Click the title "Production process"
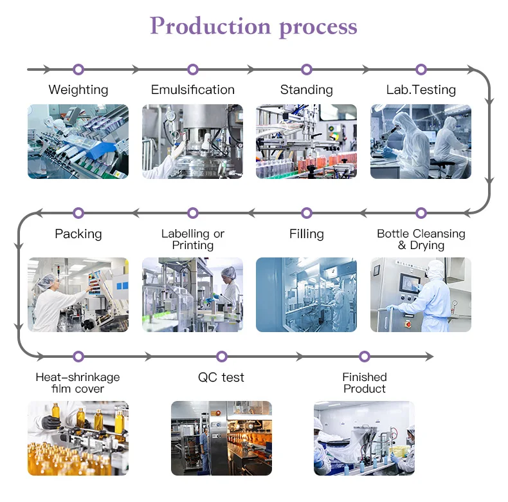click(x=253, y=27)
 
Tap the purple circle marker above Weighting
click(x=78, y=70)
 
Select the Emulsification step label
click(x=193, y=89)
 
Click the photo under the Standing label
click(x=306, y=141)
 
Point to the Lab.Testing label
click(x=421, y=89)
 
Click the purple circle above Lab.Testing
click(x=421, y=70)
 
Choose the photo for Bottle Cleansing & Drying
click(x=421, y=295)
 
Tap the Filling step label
click(x=307, y=234)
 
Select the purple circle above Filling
click(x=307, y=213)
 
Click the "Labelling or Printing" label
click(x=193, y=239)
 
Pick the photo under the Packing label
click(x=78, y=295)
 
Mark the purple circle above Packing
click(x=78, y=213)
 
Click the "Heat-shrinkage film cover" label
click(x=78, y=383)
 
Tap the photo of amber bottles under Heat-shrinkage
click(x=78, y=438)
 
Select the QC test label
click(x=221, y=377)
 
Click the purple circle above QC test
click(x=222, y=357)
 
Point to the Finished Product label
click(x=365, y=383)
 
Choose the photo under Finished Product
click(x=364, y=438)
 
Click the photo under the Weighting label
click(x=78, y=141)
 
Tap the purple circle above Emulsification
click(x=193, y=70)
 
